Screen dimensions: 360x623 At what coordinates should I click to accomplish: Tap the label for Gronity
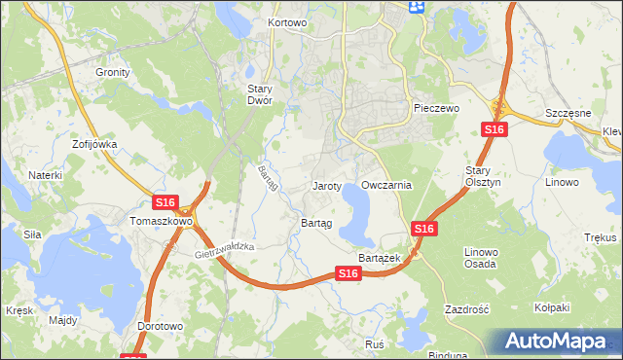click(x=113, y=72)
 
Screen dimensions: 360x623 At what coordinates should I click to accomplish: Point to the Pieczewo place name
click(x=435, y=109)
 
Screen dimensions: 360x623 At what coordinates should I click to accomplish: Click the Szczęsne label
click(x=568, y=113)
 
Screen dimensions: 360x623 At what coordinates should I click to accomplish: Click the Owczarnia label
click(x=386, y=185)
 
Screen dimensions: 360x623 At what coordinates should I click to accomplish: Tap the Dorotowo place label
click(x=160, y=327)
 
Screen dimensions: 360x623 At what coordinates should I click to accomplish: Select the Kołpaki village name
click(x=551, y=307)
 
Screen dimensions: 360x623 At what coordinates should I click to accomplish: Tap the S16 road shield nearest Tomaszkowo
click(x=165, y=202)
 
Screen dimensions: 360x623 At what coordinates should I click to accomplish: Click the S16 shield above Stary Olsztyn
click(x=495, y=130)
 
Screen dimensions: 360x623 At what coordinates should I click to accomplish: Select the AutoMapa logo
click(x=558, y=342)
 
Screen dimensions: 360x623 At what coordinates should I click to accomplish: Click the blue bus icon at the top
click(x=418, y=7)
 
